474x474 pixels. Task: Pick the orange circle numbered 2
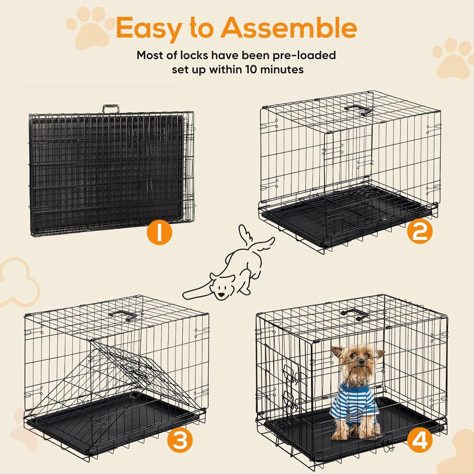pos(420,232)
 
